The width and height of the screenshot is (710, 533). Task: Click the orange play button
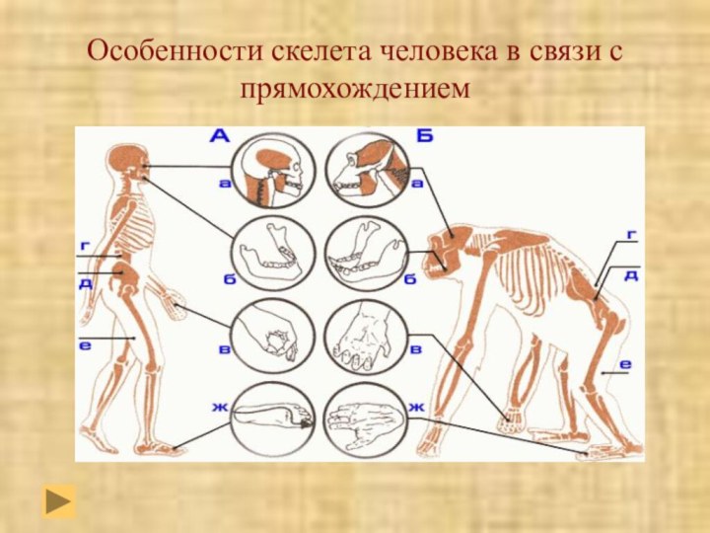point(59,500)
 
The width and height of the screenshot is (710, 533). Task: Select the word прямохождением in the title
point(355,90)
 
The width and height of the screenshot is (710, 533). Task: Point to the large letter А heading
point(220,135)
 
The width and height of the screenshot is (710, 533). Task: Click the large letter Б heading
point(424,135)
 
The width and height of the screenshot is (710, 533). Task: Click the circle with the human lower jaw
point(272,252)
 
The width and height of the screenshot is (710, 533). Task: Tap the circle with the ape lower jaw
point(365,252)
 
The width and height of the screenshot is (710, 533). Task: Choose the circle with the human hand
point(272,334)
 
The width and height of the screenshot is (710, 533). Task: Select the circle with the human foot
point(272,418)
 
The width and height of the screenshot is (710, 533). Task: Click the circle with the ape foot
point(365,418)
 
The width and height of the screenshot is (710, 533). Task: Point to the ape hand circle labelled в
point(365,334)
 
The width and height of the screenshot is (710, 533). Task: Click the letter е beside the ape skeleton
point(625,364)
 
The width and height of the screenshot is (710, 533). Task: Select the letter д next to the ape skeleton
point(629,274)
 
